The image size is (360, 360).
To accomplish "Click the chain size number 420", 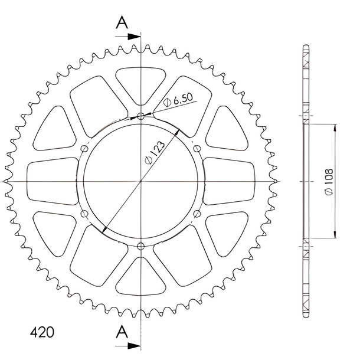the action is tap(42, 332).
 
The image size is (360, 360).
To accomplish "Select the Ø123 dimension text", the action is tap(155, 152).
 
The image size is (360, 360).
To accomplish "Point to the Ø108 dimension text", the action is tap(329, 182).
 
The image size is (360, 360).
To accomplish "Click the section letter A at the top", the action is tap(122, 23).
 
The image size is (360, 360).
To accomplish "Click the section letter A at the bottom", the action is tap(122, 332).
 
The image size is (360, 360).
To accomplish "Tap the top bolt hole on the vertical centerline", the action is tap(140, 116).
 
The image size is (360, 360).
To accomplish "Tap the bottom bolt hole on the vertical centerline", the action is tap(140, 247).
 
